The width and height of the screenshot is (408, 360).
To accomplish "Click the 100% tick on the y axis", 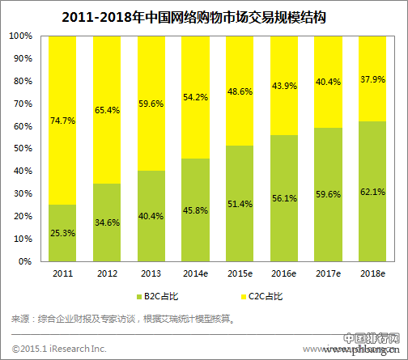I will tap(22, 36).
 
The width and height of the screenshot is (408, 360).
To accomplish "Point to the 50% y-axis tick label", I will tap(24, 150).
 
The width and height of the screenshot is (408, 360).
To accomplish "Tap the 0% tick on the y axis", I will tap(27, 263).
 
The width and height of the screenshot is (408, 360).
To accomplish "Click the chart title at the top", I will tap(203, 15).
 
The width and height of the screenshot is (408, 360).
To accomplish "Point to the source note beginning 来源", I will tap(121, 320).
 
